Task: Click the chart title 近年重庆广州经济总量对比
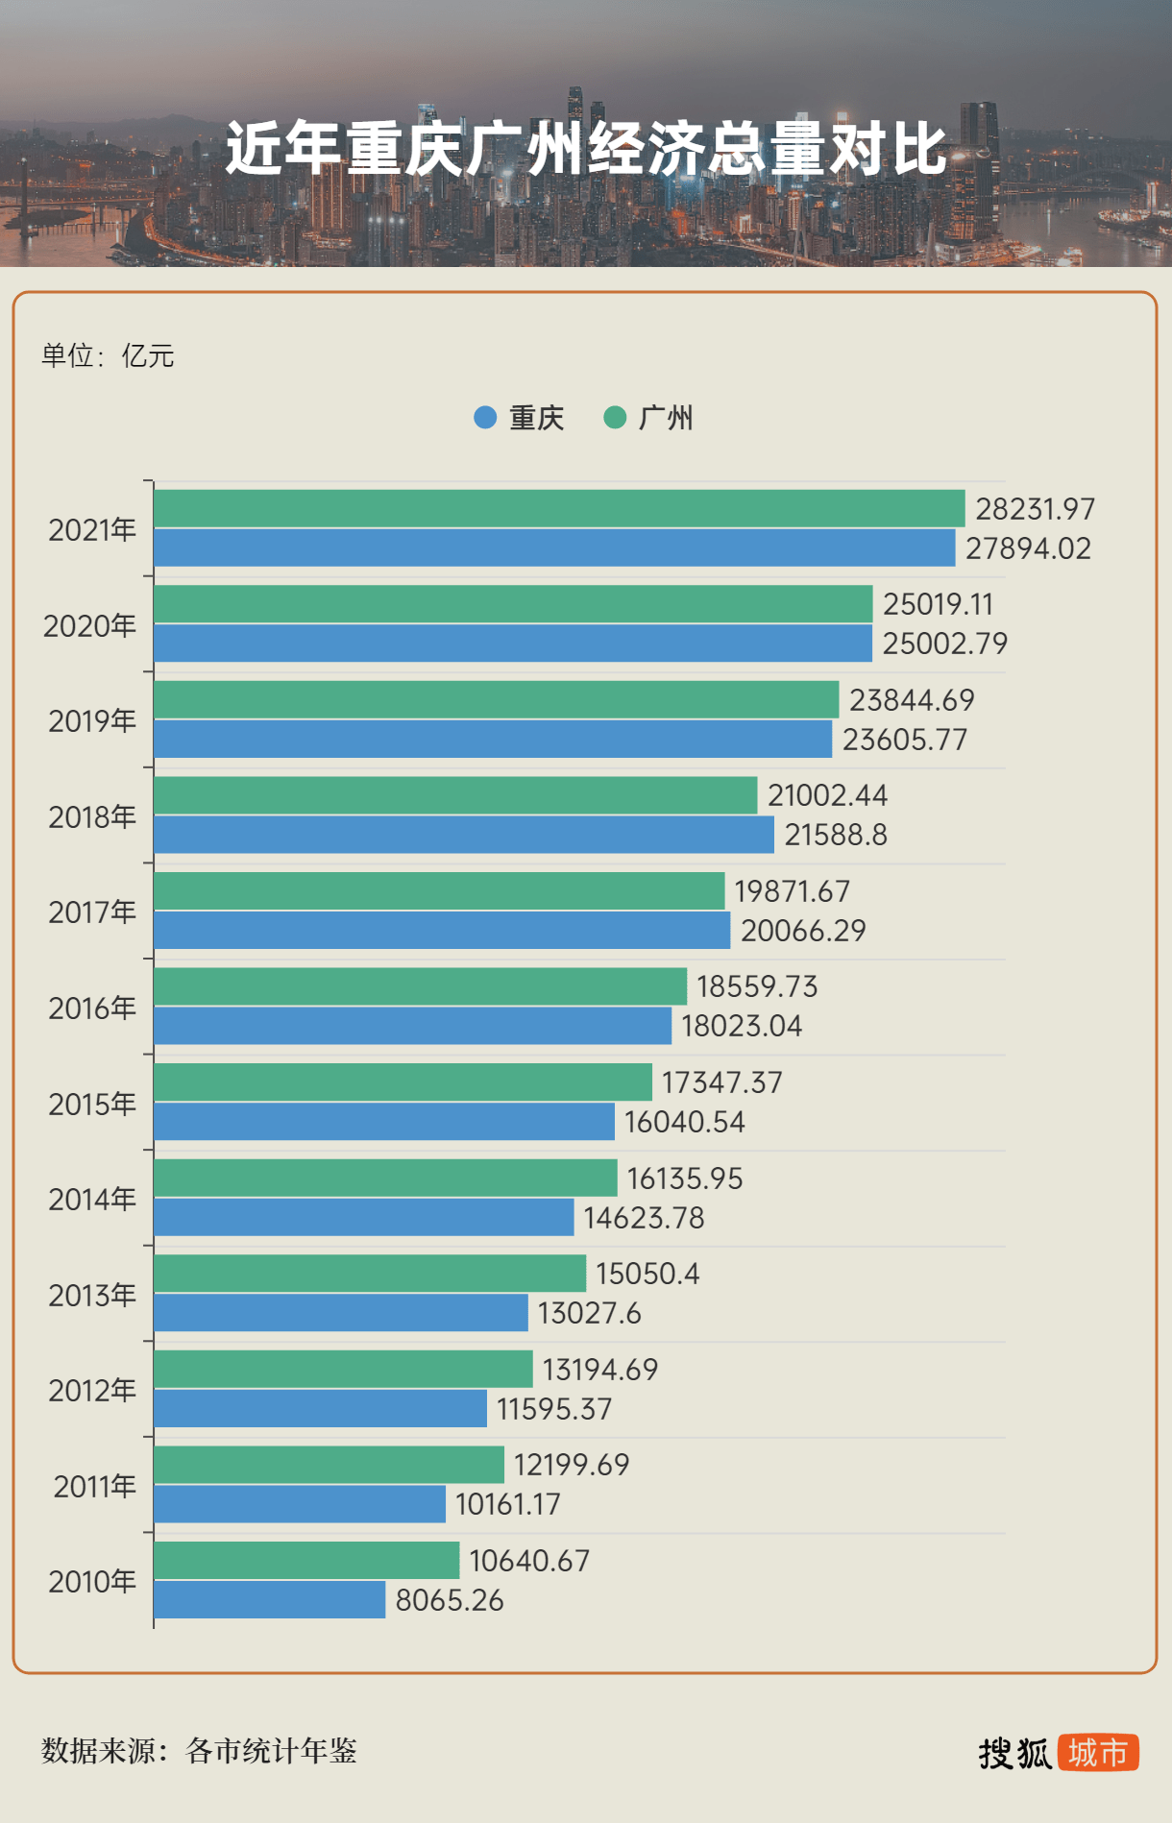[x=586, y=149]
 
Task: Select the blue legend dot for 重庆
[x=485, y=418]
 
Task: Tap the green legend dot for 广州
[x=615, y=418]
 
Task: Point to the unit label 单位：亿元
[x=108, y=356]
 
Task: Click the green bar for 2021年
[x=559, y=508]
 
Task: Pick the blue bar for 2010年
[x=269, y=1600]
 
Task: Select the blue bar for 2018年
[x=464, y=835]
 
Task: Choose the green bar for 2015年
[x=403, y=1082]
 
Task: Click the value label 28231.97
[x=1036, y=509]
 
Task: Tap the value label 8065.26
[x=450, y=1600]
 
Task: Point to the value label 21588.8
[x=836, y=835]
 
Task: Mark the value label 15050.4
[x=647, y=1274]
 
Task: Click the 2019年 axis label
[x=92, y=721]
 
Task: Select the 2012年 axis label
[x=92, y=1391]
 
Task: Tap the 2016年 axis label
[x=92, y=1009]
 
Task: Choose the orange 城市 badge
[x=1098, y=1753]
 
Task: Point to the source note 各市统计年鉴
[x=271, y=1751]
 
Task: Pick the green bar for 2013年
[x=370, y=1274]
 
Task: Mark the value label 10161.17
[x=507, y=1504]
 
